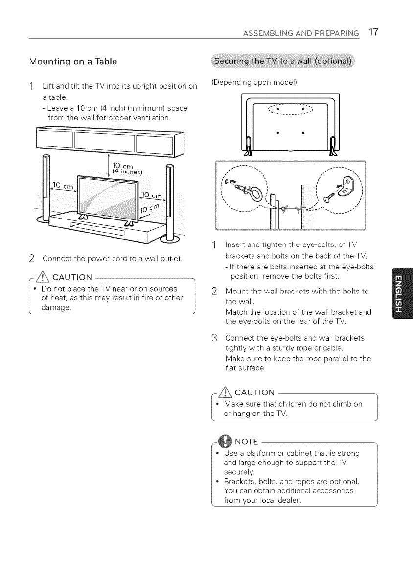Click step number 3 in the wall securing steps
(x=219, y=338)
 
